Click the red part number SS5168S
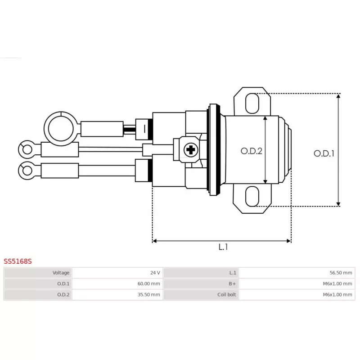[18, 261]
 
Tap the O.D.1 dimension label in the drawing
[324, 153]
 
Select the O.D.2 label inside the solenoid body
[252, 151]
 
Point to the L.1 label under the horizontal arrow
[223, 247]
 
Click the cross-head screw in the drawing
[191, 150]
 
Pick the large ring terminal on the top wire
[61, 129]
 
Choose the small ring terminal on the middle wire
[27, 150]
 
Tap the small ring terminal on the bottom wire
[27, 171]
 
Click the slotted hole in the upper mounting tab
[252, 103]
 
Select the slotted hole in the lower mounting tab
[252, 196]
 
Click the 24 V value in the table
[155, 273]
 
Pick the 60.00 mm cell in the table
[149, 284]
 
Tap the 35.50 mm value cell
[149, 295]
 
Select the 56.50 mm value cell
[341, 273]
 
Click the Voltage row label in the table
[61, 273]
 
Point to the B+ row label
[232, 284]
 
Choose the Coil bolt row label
[227, 295]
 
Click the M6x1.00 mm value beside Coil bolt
[337, 295]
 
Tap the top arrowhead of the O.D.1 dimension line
[338, 95]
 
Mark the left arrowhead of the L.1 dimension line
[154, 241]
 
